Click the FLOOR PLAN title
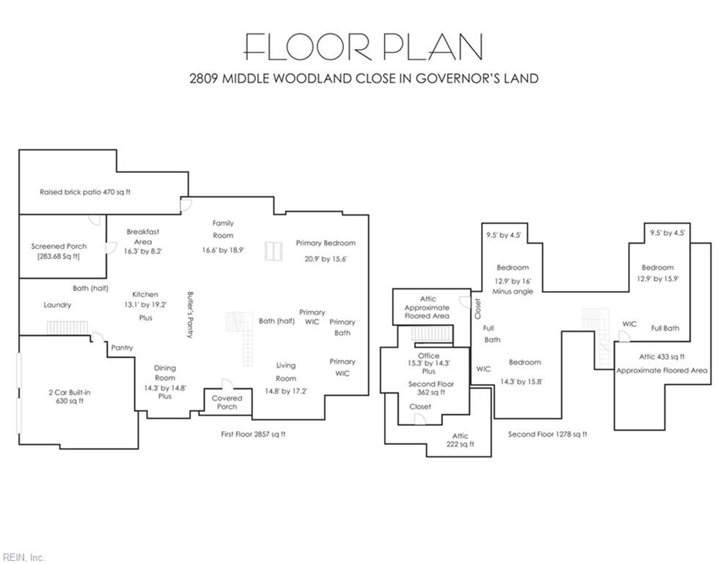click(364, 47)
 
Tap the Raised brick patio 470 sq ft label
click(85, 192)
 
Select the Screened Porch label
click(59, 246)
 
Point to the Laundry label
click(58, 305)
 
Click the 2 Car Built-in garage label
click(70, 393)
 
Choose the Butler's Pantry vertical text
click(190, 314)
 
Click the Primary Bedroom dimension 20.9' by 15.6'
click(326, 259)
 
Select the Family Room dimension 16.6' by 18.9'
click(224, 250)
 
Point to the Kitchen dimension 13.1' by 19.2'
click(145, 305)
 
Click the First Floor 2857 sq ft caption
click(253, 435)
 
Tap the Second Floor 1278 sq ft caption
click(548, 435)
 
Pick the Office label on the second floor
click(429, 356)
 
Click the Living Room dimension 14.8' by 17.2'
click(286, 391)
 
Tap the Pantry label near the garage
click(122, 347)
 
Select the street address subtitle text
click(364, 78)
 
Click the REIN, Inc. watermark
click(23, 557)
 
